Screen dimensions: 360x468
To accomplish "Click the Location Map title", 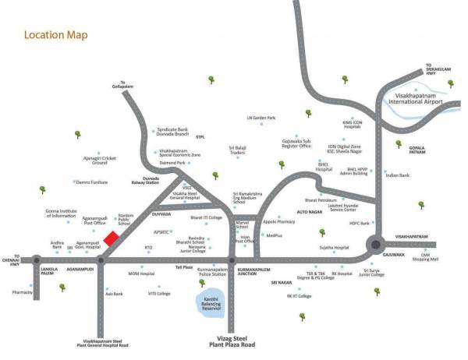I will (x=55, y=35).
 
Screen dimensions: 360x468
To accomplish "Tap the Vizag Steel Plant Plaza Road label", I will (x=232, y=341).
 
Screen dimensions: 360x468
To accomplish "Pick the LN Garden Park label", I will (x=261, y=118).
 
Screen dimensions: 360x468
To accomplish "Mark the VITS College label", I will (x=159, y=293).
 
